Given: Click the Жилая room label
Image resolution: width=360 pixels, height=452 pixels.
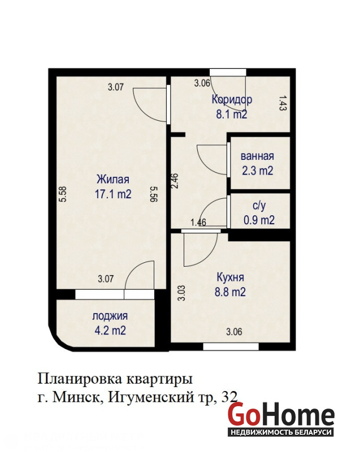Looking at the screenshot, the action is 112,179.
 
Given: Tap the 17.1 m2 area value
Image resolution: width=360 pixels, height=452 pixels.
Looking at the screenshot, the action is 113,194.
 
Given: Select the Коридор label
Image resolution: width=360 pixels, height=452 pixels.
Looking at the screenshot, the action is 232,99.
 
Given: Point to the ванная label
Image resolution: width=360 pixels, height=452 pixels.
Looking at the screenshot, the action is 257,157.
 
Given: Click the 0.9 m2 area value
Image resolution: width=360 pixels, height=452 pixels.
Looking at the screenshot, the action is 259,220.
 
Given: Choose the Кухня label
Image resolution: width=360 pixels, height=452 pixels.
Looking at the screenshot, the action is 230,277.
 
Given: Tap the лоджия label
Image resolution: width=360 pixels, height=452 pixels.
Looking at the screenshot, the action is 110,316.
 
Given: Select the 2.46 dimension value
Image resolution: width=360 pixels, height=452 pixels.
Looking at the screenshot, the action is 175,180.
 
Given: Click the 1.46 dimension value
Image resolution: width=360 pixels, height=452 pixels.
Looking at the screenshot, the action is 198,222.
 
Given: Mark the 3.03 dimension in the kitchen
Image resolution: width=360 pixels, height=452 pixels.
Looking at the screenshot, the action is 181,293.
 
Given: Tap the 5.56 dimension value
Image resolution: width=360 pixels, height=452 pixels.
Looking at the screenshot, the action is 154,194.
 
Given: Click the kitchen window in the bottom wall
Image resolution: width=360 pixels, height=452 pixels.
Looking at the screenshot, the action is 231,346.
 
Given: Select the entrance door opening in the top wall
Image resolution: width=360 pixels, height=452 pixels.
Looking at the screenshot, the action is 228,72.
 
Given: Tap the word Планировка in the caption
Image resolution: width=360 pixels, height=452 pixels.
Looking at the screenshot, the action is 80,379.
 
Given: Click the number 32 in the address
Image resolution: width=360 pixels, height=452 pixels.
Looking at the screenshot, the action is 229,397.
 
